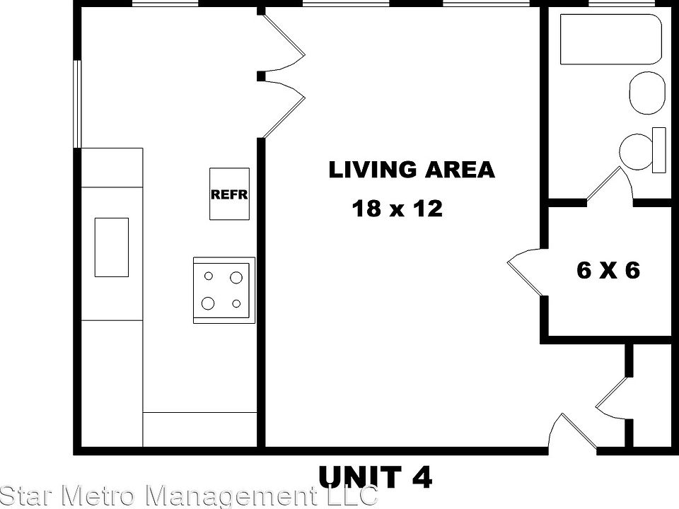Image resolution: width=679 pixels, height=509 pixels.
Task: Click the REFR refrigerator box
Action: pyautogui.click(x=229, y=194)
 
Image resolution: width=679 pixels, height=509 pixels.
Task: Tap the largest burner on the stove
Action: pyautogui.click(x=208, y=303)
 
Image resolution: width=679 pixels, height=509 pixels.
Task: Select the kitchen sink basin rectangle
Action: pyautogui.click(x=112, y=247)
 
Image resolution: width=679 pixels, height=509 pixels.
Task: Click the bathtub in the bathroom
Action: pyautogui.click(x=611, y=40)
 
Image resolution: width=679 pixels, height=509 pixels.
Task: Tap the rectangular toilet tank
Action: pyautogui.click(x=658, y=150)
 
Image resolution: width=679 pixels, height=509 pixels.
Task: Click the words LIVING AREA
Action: pyautogui.click(x=412, y=170)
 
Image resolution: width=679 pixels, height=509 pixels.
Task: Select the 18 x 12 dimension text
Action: pyautogui.click(x=397, y=209)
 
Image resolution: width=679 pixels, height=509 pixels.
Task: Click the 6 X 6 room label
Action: pyautogui.click(x=608, y=270)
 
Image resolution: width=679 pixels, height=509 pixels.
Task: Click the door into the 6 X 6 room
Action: pyautogui.click(x=525, y=272)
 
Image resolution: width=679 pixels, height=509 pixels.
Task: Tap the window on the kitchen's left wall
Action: pyautogui.click(x=78, y=104)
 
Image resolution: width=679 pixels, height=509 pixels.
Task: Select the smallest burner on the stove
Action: pyautogui.click(x=236, y=303)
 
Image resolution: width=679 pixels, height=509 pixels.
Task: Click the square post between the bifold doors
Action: pyautogui.click(x=261, y=75)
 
